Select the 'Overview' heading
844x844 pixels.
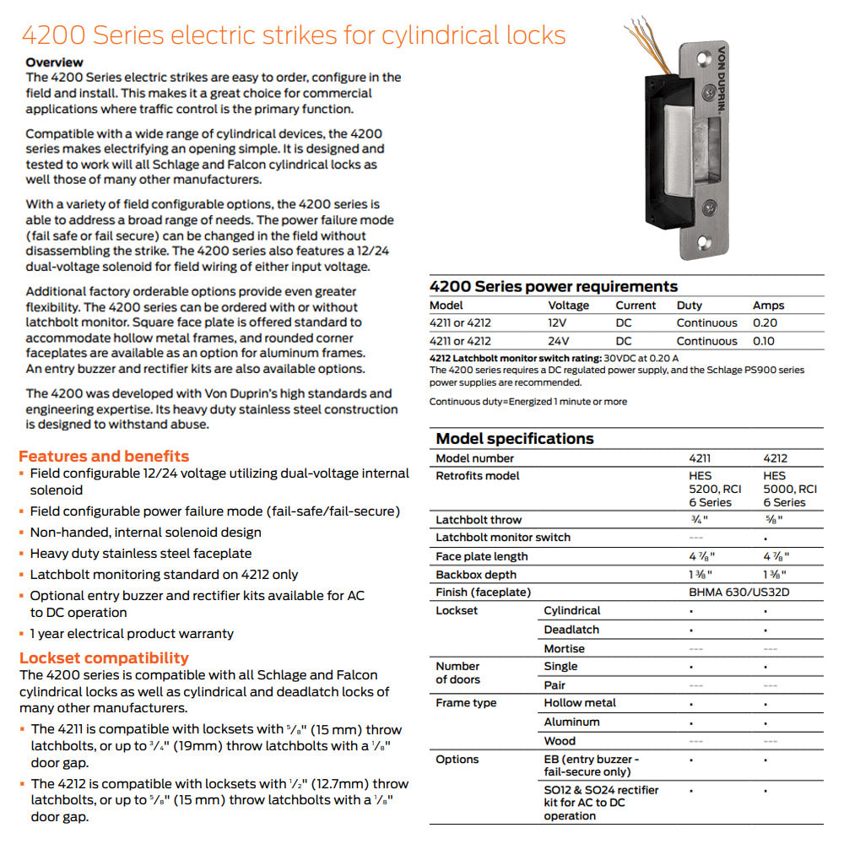[54, 62]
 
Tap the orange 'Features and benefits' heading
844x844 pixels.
[104, 456]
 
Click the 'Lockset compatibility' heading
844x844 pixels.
[104, 657]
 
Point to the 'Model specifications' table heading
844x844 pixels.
[514, 438]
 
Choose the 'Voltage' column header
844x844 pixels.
[568, 306]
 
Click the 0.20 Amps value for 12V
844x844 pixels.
[765, 322]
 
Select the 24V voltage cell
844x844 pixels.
[560, 341]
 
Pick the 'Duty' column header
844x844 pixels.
[689, 306]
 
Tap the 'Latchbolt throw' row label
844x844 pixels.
[479, 520]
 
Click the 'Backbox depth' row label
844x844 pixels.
[475, 575]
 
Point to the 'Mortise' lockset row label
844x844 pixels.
[564, 648]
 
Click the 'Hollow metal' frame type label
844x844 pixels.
[580, 702]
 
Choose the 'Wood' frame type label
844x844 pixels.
[560, 740]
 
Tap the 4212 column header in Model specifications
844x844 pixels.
[775, 458]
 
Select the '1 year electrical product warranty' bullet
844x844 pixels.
[131, 633]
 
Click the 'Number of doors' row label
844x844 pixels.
[457, 673]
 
